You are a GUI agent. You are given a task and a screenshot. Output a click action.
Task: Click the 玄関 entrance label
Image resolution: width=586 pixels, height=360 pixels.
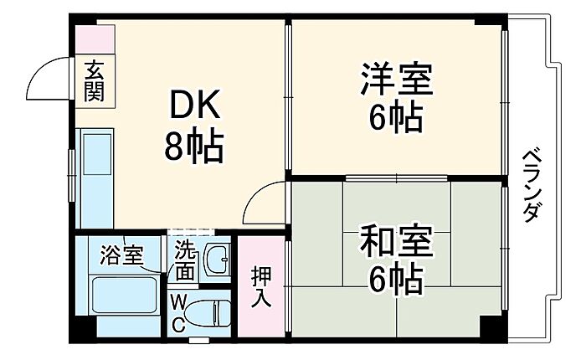(94, 81)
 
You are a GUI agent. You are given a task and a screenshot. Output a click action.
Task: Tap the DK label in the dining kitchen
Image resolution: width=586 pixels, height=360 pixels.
(194, 105)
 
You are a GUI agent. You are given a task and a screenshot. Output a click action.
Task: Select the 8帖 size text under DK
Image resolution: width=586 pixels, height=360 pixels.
(193, 145)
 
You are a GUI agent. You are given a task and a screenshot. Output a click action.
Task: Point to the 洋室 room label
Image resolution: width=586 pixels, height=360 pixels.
(397, 79)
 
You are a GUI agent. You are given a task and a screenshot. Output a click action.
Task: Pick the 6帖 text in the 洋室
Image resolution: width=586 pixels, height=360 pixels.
(397, 116)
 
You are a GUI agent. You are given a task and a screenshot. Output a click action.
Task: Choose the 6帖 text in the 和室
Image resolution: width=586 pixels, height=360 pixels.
(397, 280)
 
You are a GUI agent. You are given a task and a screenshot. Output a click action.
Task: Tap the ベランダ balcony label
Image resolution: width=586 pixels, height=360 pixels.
(532, 186)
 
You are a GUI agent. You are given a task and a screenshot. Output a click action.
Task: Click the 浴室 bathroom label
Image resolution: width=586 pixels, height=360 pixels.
(121, 255)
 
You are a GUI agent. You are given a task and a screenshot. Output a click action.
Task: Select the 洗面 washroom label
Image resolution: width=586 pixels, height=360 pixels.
(185, 260)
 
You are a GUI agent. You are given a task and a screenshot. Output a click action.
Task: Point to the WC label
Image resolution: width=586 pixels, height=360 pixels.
(177, 313)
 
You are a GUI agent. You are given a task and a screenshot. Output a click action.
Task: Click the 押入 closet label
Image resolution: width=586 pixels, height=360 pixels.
(261, 286)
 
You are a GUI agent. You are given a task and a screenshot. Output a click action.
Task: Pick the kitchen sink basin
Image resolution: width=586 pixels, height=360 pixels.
(97, 155)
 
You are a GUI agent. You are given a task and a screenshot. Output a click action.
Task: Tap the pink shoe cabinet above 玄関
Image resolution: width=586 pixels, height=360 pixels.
(95, 39)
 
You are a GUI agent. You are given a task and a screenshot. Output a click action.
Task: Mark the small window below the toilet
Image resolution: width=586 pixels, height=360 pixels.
(199, 340)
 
